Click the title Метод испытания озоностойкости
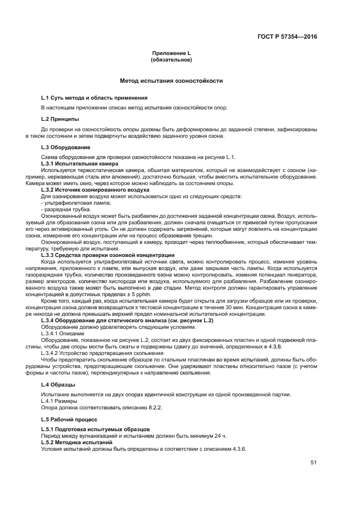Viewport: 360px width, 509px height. coord(171,81)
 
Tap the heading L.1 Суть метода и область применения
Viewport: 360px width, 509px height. coord(87,97)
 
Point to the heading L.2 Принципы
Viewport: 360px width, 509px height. coord(60,118)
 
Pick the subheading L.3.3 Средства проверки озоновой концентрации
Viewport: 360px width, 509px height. coord(108,255)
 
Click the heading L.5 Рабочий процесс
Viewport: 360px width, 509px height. coord(69,420)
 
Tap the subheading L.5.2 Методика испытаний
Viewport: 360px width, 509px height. coord(77,443)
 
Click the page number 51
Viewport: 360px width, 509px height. coord(313,463)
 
